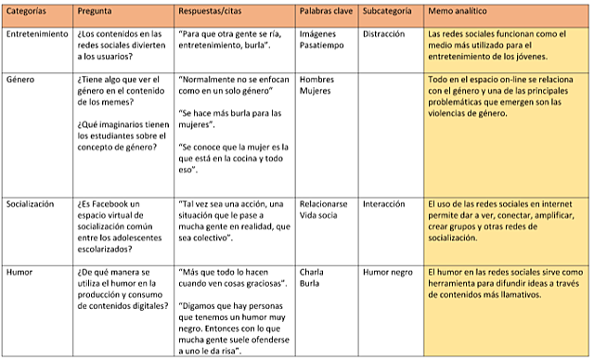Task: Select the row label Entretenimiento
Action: point(37,34)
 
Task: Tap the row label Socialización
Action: point(31,202)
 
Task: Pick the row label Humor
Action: point(20,272)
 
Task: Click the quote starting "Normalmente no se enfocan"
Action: point(232,86)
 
